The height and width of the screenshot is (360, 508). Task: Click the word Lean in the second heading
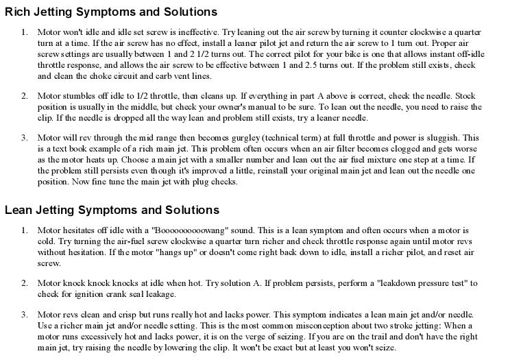(19, 210)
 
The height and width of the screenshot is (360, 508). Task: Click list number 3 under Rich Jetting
(24, 138)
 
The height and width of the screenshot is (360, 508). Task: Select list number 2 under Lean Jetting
(24, 283)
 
